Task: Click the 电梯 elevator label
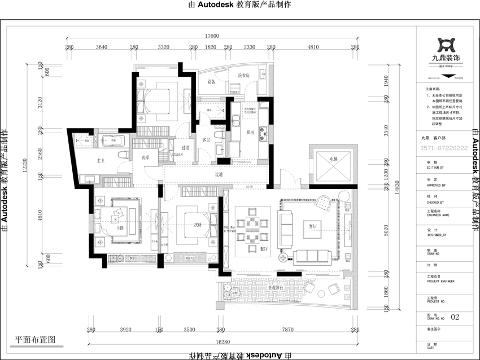[x=332, y=159]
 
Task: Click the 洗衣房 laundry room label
[x=243, y=76]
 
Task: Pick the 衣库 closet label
[x=145, y=157]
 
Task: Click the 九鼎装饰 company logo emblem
[x=446, y=45]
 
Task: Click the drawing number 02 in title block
[x=456, y=318]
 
